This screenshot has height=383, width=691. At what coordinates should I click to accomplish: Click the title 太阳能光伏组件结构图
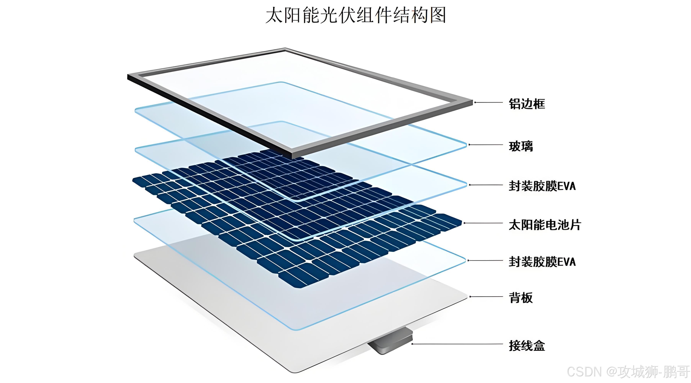click(356, 15)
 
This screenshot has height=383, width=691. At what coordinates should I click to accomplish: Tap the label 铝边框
click(527, 104)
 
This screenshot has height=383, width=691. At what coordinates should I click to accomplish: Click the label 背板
click(521, 298)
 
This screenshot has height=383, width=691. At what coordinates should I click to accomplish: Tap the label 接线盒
click(527, 345)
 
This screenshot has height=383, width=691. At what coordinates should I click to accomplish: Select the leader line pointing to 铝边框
click(488, 102)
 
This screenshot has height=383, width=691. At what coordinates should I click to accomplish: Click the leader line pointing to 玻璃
click(486, 145)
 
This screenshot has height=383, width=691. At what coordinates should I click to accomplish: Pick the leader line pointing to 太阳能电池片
click(483, 223)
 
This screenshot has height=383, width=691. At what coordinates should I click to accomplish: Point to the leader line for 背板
click(486, 297)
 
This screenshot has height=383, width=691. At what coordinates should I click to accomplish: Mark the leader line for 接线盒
click(456, 344)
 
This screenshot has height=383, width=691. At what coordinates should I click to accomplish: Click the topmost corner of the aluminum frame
click(285, 49)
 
